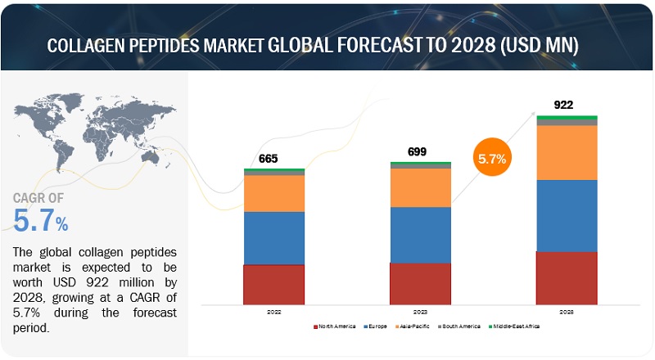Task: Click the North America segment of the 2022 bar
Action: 273,284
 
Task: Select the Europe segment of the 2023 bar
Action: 420,235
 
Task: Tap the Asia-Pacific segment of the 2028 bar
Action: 567,152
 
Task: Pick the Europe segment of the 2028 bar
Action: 567,215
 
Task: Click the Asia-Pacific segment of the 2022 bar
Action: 273,193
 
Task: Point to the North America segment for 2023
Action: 420,283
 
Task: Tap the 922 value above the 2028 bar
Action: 563,105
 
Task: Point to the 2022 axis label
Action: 273,312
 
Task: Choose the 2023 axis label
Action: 420,312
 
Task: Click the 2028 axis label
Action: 567,312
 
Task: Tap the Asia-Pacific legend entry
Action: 416,326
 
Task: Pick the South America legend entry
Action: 462,326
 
